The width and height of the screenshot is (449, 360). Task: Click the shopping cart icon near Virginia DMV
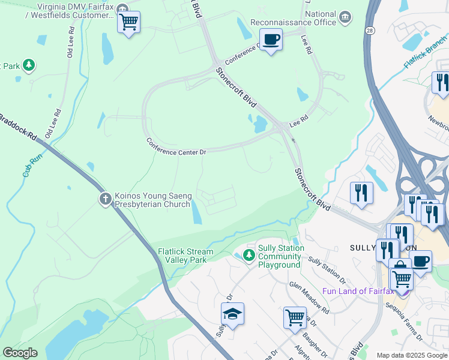pyautogui.click(x=128, y=23)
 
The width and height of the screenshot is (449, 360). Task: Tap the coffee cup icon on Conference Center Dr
pyautogui.click(x=271, y=40)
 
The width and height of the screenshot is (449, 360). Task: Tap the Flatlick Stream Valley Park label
pyautogui.click(x=185, y=256)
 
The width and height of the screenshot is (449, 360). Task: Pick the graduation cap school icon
pyautogui.click(x=232, y=314)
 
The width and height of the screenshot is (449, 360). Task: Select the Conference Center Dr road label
pyautogui.click(x=176, y=148)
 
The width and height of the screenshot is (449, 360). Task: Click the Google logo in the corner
pyautogui.click(x=20, y=353)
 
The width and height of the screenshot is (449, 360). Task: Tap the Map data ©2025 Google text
pyautogui.click(x=412, y=355)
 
